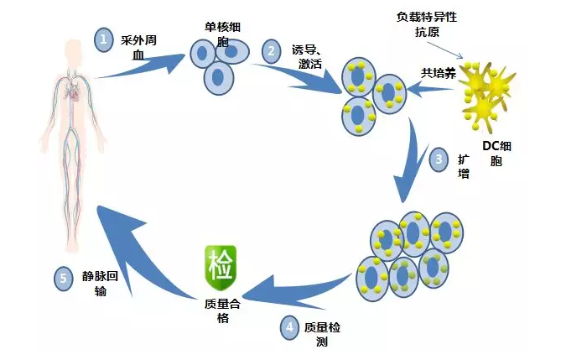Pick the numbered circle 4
click(289, 328)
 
